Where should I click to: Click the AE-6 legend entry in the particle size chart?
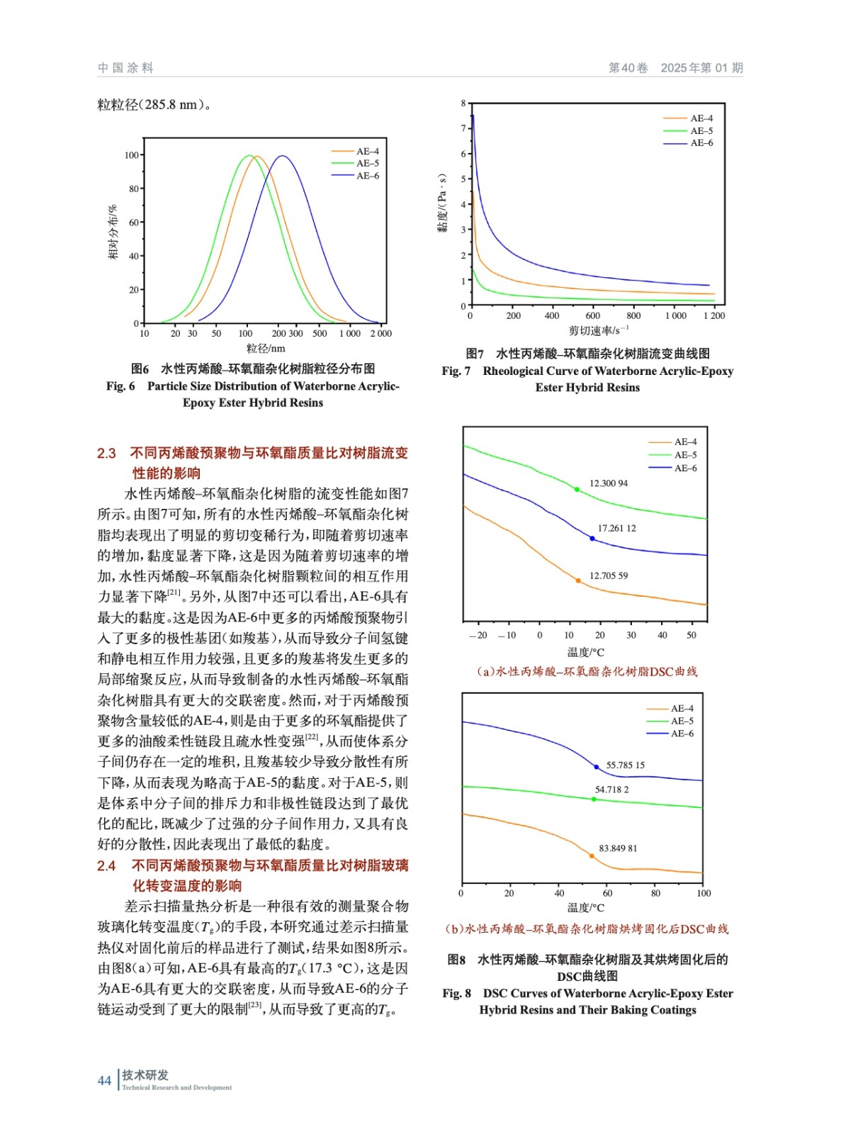(367, 176)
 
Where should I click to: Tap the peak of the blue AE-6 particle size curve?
(282, 156)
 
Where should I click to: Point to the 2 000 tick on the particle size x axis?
(380, 333)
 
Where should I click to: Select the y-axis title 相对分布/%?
(113, 232)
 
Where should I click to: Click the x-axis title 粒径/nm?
(266, 348)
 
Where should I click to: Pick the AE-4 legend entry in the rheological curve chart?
(701, 118)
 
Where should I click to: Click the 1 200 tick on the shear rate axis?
(714, 316)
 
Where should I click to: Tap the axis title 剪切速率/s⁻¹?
(598, 330)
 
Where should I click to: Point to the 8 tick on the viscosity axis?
(463, 103)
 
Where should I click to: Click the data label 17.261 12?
(616, 528)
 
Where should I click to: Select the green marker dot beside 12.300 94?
(577, 489)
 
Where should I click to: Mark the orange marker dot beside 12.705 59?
(578, 580)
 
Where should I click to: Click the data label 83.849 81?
(618, 848)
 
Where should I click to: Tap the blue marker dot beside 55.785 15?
(597, 767)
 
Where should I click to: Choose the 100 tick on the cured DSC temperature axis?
(703, 893)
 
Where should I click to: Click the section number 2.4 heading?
(106, 865)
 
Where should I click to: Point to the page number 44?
(104, 1080)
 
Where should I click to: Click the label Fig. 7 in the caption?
(456, 371)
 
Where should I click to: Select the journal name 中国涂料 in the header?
(125, 68)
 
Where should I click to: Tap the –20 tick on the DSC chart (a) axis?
(478, 635)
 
